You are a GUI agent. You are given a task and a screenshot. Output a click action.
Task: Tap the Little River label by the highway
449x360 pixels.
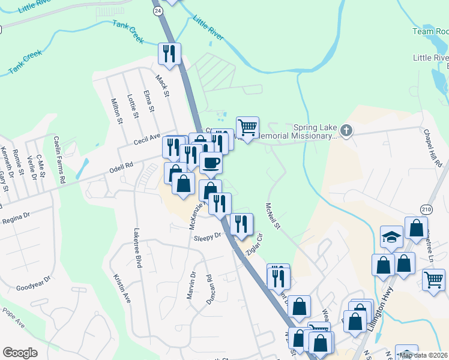pos(208,28)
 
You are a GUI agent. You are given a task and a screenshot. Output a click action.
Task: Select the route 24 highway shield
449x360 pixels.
pos(157,11)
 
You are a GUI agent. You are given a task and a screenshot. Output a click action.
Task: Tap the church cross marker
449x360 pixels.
pos(345,130)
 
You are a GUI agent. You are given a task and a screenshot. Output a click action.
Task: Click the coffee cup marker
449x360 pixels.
pos(211,162)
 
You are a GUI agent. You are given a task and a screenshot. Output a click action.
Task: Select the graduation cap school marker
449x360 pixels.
pos(391,236)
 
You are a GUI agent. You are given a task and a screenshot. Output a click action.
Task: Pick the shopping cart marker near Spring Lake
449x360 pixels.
pos(247,127)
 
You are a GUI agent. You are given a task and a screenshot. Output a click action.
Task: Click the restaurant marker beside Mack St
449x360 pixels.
pos(170,53)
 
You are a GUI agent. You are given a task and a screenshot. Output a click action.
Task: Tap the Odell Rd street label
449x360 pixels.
pos(121,166)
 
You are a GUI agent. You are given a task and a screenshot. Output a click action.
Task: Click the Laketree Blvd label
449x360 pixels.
pos(137,251)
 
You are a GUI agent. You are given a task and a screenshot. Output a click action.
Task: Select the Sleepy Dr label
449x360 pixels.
pos(208,238)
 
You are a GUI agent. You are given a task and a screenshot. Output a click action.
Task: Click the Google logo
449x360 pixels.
pos(20,353)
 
